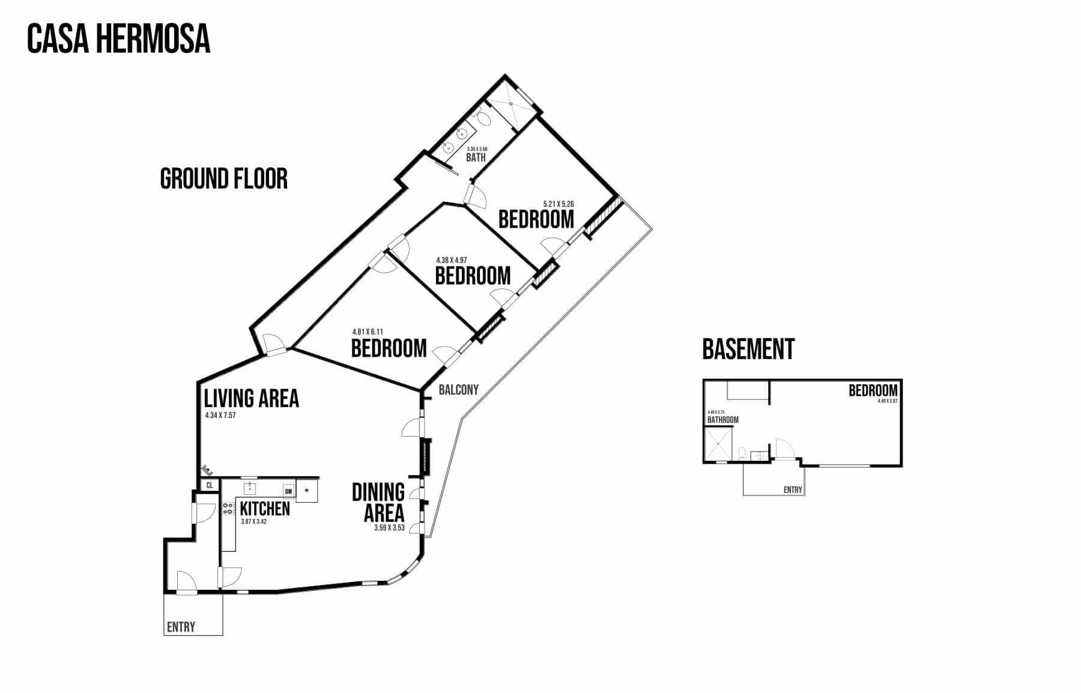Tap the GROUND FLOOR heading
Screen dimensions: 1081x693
tap(224, 179)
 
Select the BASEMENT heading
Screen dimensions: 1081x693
tap(748, 349)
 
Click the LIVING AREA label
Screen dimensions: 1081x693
tap(252, 399)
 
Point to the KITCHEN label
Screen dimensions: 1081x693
tap(265, 509)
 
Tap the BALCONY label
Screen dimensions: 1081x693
tap(459, 390)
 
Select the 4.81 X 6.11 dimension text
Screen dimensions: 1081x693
tap(368, 331)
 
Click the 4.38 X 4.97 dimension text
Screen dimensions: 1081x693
tap(452, 260)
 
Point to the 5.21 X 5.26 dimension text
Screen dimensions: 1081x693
tap(559, 204)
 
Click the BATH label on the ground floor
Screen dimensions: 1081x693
tap(476, 158)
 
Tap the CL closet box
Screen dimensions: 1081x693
tap(210, 485)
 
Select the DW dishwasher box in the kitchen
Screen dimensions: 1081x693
tap(289, 491)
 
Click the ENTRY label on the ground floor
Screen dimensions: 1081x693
tap(181, 627)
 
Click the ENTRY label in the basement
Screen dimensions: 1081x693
tap(793, 490)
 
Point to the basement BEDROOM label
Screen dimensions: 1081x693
tap(873, 390)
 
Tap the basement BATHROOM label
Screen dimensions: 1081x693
tap(723, 420)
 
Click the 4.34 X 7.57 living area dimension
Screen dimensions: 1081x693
tap(220, 415)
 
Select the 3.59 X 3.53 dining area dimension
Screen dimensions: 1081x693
tap(389, 528)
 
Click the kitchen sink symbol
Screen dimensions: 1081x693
tap(250, 487)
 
